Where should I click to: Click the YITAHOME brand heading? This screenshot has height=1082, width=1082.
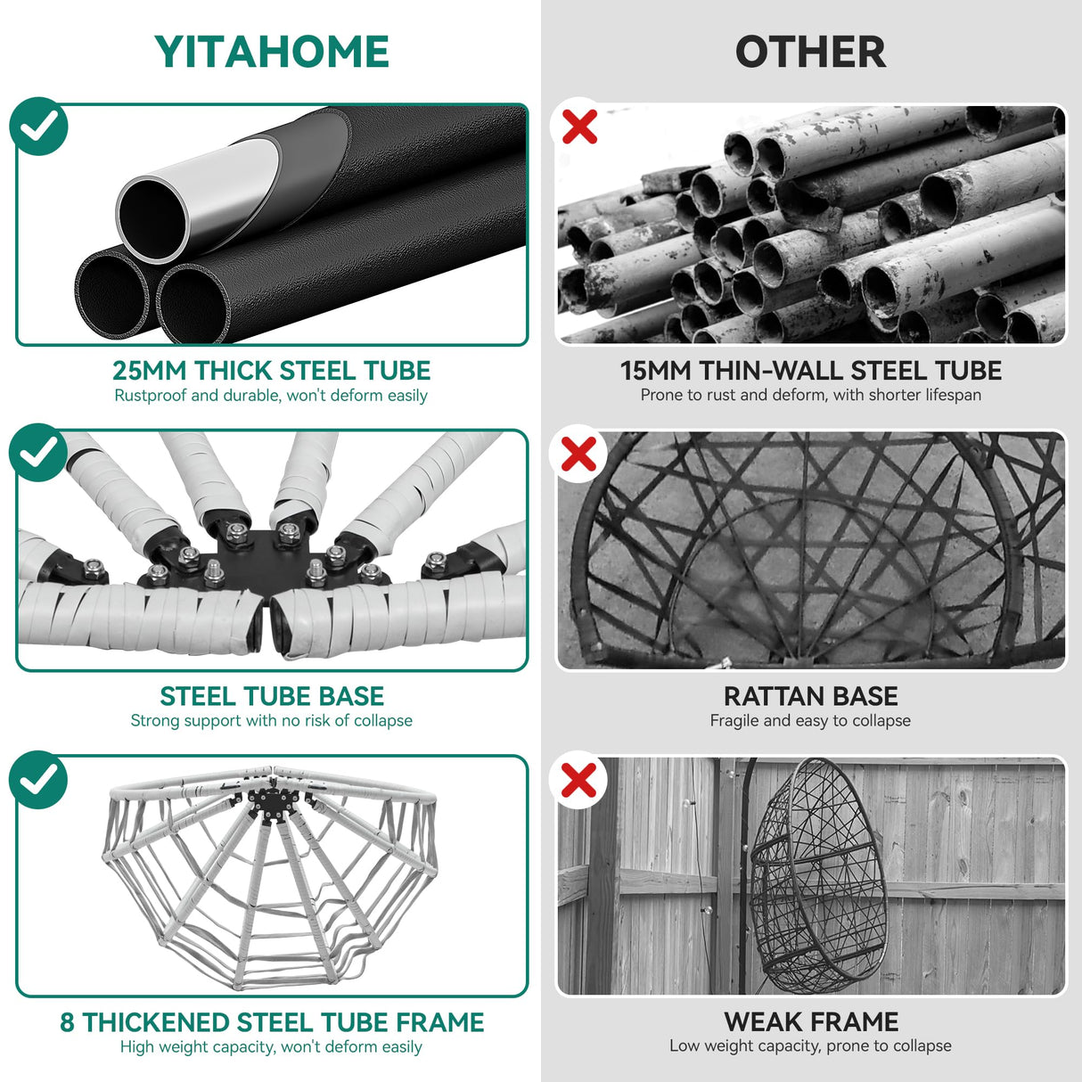(271, 52)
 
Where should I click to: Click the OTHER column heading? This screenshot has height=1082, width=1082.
(810, 52)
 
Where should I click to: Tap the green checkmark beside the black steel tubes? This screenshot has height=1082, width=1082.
(38, 127)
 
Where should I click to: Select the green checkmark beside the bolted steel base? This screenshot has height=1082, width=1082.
(38, 452)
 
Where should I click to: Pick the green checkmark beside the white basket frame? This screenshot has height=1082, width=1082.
(38, 779)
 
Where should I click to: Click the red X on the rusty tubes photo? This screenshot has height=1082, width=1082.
(579, 127)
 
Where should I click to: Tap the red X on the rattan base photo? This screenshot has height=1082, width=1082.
(579, 454)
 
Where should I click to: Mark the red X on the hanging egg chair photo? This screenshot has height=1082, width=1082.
(579, 779)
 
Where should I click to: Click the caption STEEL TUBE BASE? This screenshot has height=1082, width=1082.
(272, 696)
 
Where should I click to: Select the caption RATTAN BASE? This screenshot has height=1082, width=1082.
(810, 696)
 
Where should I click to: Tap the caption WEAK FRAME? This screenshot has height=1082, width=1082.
(811, 1022)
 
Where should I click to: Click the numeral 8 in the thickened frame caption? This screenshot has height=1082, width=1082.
(67, 1022)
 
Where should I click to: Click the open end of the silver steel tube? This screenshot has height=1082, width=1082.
(152, 219)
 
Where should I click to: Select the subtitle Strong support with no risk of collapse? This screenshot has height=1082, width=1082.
(271, 721)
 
